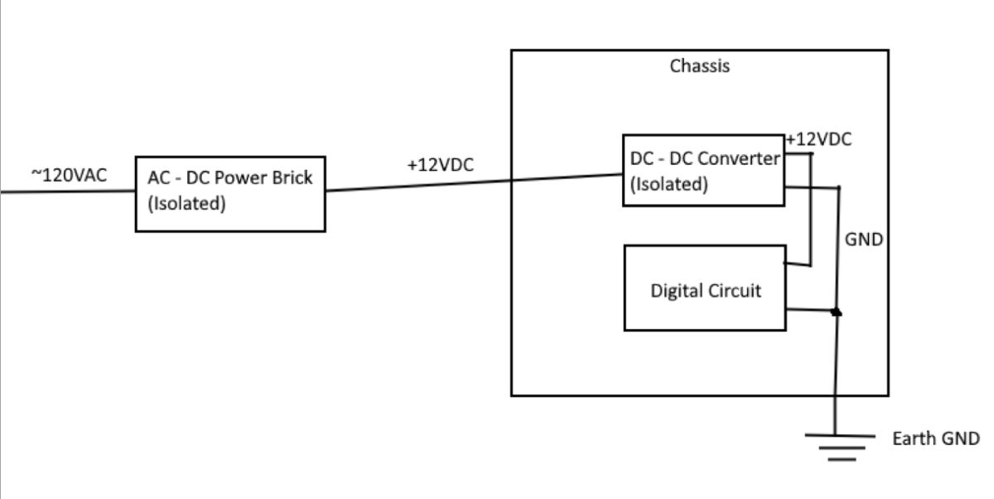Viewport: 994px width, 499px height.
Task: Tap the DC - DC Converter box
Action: pos(702,170)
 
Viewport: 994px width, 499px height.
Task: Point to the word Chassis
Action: pos(700,66)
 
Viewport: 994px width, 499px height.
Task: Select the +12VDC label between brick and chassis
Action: pos(440,165)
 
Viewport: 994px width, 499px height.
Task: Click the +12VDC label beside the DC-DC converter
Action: pos(818,139)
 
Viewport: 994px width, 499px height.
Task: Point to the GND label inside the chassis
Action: pos(863,240)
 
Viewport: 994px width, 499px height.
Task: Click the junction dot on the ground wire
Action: pos(837,312)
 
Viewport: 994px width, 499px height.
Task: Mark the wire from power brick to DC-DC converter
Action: pos(472,182)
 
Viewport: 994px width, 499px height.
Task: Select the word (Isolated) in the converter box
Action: pos(669,184)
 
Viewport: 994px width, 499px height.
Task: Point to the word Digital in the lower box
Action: pos(674,291)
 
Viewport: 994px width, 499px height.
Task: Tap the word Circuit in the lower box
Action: pos(732,291)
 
